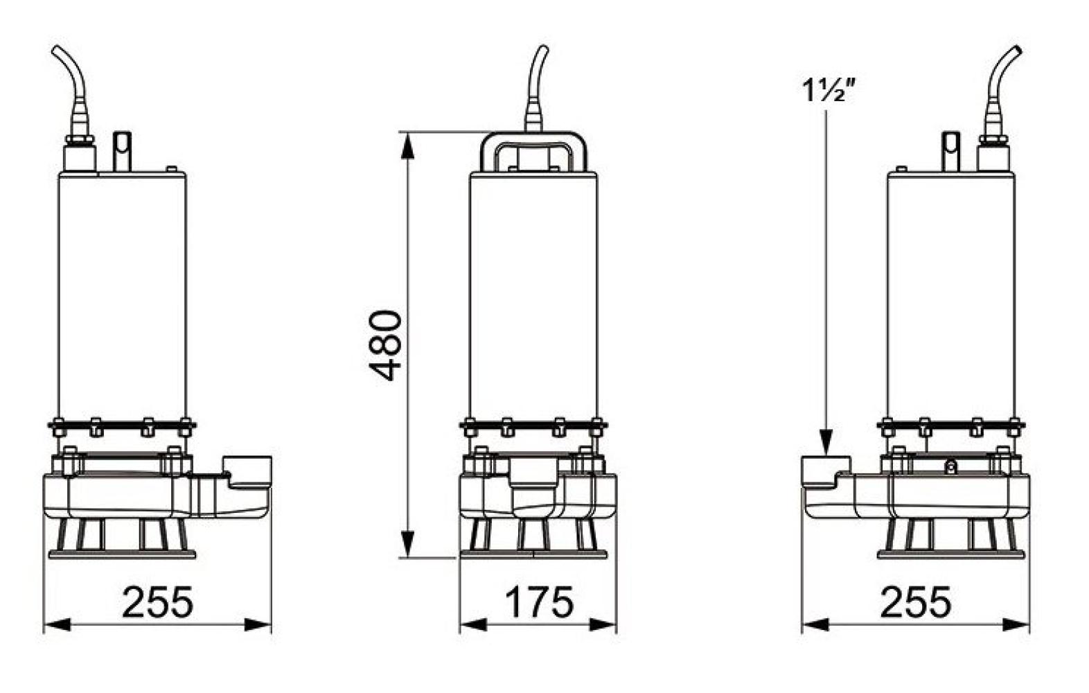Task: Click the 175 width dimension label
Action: (x=539, y=602)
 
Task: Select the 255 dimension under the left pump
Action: (x=157, y=602)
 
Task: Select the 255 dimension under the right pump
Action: (x=915, y=602)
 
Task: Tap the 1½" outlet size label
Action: (x=829, y=91)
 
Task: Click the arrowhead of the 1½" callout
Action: (x=826, y=443)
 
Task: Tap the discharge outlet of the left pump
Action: (x=247, y=472)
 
